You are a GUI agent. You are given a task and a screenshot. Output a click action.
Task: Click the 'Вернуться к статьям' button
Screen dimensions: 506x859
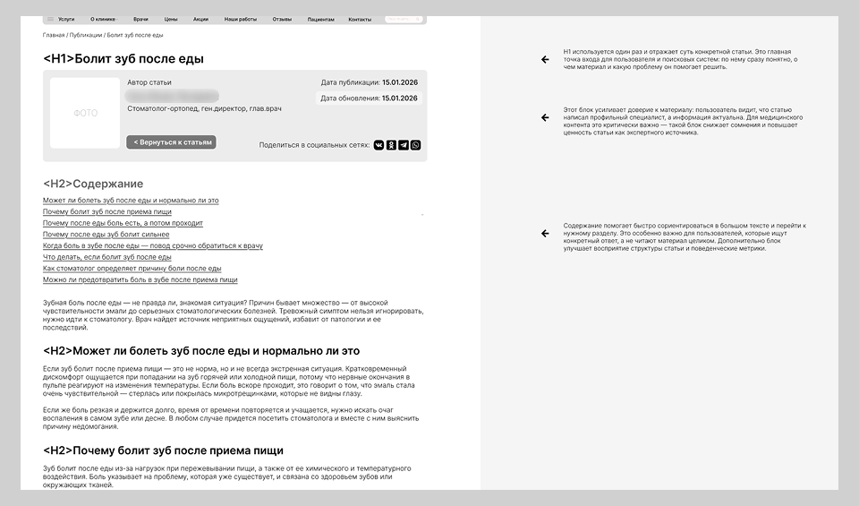tap(171, 142)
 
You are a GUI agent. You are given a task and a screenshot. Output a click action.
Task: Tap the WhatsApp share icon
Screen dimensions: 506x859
tap(415, 144)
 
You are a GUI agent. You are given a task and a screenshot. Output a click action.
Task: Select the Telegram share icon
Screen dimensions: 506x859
tap(404, 144)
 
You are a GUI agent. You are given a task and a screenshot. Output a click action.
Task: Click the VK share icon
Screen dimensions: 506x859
tap(378, 144)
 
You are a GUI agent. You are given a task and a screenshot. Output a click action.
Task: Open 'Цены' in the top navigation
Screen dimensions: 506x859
tap(170, 19)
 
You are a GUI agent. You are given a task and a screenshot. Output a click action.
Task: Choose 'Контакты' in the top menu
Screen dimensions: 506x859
tap(360, 19)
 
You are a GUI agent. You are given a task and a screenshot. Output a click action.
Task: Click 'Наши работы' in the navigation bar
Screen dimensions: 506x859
tap(240, 19)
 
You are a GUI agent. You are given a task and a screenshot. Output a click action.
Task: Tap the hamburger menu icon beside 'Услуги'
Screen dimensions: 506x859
tap(50, 19)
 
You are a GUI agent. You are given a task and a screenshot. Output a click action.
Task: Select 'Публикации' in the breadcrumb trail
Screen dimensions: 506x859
tap(85, 35)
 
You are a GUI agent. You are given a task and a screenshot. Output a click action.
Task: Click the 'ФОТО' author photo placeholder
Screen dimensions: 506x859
tap(85, 113)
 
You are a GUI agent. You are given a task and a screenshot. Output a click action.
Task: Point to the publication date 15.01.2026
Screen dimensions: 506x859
tap(400, 82)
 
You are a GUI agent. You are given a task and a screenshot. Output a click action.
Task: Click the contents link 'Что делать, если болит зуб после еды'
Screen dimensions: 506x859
tap(106, 257)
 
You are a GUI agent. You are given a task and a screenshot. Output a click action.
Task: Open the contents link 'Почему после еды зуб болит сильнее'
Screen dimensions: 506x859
tap(106, 235)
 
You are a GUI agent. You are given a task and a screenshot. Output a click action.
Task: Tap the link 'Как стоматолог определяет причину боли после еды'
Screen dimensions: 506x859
tap(132, 269)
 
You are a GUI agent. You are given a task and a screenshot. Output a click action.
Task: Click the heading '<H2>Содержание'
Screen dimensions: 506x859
tap(93, 184)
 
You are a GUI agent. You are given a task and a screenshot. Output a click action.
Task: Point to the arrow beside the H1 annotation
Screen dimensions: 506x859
tap(544, 60)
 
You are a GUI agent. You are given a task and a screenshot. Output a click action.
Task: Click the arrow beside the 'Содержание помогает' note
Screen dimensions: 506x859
tap(544, 233)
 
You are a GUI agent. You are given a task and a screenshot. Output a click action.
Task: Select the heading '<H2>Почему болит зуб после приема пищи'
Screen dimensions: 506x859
tap(163, 450)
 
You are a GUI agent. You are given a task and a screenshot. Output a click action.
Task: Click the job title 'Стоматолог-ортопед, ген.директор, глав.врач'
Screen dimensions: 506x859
tap(204, 108)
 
